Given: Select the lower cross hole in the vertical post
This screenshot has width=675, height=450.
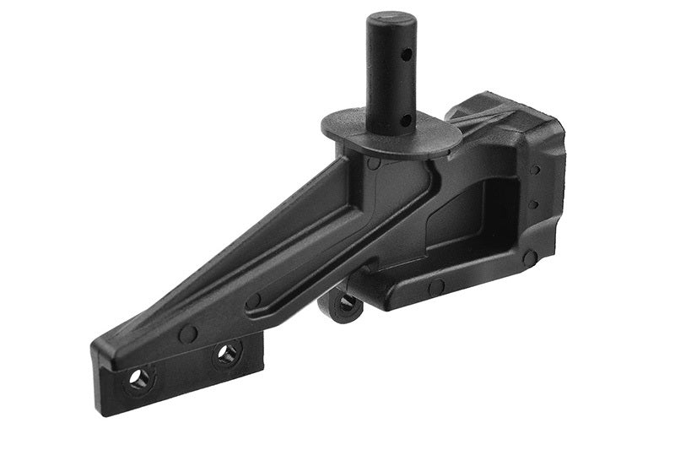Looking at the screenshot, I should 405,120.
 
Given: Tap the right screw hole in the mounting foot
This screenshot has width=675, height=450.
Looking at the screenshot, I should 227,353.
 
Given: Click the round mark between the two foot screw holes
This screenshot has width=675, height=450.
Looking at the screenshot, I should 188,334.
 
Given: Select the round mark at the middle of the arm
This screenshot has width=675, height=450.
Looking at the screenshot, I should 252,300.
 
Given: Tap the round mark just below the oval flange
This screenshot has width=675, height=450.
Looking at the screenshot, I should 373,162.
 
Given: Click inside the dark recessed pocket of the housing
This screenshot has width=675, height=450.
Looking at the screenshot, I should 464,211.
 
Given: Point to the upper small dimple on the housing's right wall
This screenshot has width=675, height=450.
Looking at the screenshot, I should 535,170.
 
